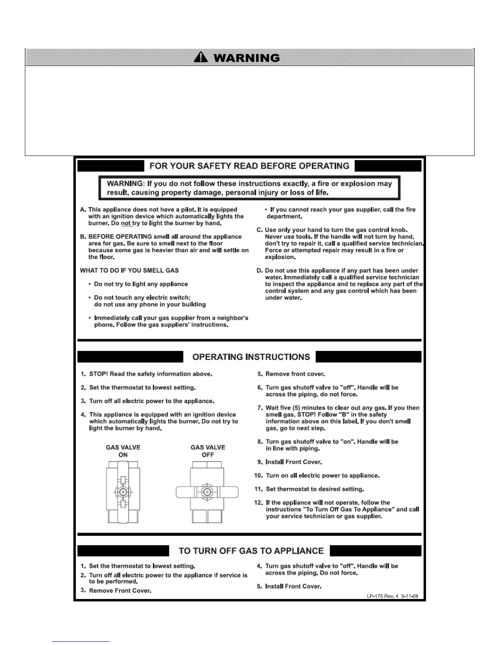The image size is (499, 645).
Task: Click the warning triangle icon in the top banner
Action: [x=201, y=57]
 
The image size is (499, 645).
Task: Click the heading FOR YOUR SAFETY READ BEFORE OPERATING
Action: [x=249, y=166]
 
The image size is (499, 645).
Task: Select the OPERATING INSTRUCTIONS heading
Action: [x=251, y=357]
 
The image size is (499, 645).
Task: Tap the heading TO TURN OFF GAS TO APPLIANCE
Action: [x=251, y=551]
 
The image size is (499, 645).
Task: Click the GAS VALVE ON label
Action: [x=123, y=451]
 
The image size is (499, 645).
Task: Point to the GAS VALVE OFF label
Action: [x=208, y=451]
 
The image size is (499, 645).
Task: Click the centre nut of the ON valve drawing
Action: [x=123, y=492]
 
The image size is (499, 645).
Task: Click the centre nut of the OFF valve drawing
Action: [x=207, y=492]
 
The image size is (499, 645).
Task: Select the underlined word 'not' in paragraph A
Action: [x=126, y=224]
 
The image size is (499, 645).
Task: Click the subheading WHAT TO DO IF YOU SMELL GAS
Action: [x=129, y=270]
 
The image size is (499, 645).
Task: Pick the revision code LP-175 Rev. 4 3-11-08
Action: [x=392, y=596]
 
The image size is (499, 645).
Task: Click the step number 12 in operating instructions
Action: [x=258, y=502]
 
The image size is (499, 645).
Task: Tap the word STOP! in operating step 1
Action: [x=98, y=374]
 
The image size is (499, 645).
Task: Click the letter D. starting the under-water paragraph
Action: [x=259, y=270]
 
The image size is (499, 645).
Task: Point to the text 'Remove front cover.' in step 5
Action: [x=295, y=374]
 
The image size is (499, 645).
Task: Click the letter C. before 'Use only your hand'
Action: [x=259, y=230]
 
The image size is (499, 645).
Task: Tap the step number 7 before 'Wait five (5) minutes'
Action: [x=260, y=408]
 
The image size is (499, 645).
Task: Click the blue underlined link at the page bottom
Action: [x=81, y=641]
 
